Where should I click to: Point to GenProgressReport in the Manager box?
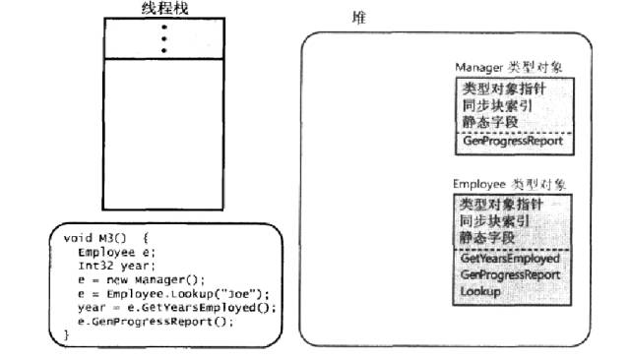512,141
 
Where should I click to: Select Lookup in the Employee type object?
480,292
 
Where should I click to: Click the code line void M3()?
105,238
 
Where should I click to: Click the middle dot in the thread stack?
162,37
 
